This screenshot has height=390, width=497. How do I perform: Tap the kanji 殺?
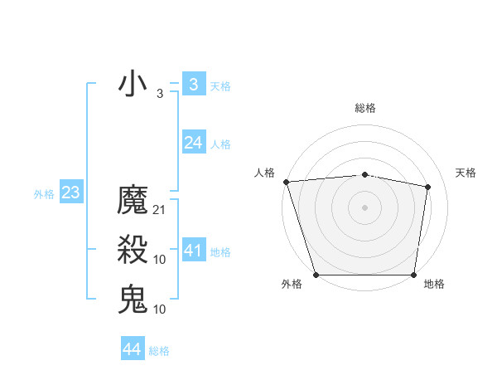pyautogui.click(x=133, y=250)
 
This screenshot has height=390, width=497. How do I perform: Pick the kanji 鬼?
pyautogui.click(x=133, y=299)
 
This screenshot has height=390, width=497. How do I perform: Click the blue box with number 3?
pyautogui.click(x=193, y=84)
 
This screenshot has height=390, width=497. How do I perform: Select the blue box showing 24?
pyautogui.click(x=193, y=143)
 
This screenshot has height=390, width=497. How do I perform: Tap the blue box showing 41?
pyautogui.click(x=193, y=251)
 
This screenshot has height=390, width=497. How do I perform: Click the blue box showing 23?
pyautogui.click(x=70, y=193)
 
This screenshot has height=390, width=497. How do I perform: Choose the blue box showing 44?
pyautogui.click(x=132, y=349)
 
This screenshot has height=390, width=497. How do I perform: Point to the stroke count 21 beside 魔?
pyautogui.click(x=160, y=210)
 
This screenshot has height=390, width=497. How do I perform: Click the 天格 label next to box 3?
pyautogui.click(x=220, y=85)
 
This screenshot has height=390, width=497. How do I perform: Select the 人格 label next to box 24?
pyautogui.click(x=220, y=144)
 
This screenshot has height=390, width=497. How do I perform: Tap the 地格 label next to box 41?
pyautogui.click(x=220, y=252)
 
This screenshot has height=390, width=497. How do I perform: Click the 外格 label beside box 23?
pyautogui.click(x=44, y=194)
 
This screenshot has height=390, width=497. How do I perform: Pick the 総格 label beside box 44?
pyautogui.click(x=159, y=351)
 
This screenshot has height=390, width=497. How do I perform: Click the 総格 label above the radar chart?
pyautogui.click(x=364, y=108)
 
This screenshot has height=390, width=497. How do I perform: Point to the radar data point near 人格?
pyautogui.click(x=286, y=182)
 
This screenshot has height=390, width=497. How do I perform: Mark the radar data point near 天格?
pyautogui.click(x=428, y=187)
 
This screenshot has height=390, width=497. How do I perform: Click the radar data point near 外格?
pyautogui.click(x=316, y=275)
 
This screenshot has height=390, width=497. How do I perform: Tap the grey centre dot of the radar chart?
pyautogui.click(x=364, y=207)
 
